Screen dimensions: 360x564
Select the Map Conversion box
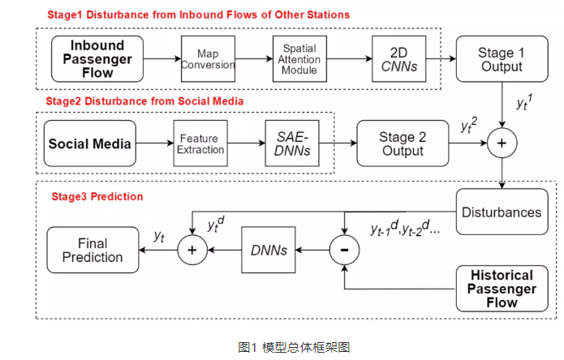point(208,58)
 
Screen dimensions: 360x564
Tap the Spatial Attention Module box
point(299,58)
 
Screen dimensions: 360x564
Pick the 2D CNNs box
point(398,58)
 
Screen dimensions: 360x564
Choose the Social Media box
point(89,144)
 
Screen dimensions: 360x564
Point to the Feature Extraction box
point(200,144)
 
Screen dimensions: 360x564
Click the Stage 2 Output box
point(403,144)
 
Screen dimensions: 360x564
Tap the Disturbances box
point(501,212)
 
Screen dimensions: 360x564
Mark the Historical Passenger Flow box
point(501,289)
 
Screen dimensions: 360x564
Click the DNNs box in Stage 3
point(269,251)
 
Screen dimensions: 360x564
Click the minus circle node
point(344,251)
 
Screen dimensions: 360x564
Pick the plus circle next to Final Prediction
point(192,251)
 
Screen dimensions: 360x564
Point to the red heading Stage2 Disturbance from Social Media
point(144,101)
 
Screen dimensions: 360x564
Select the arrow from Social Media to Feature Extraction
point(155,144)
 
